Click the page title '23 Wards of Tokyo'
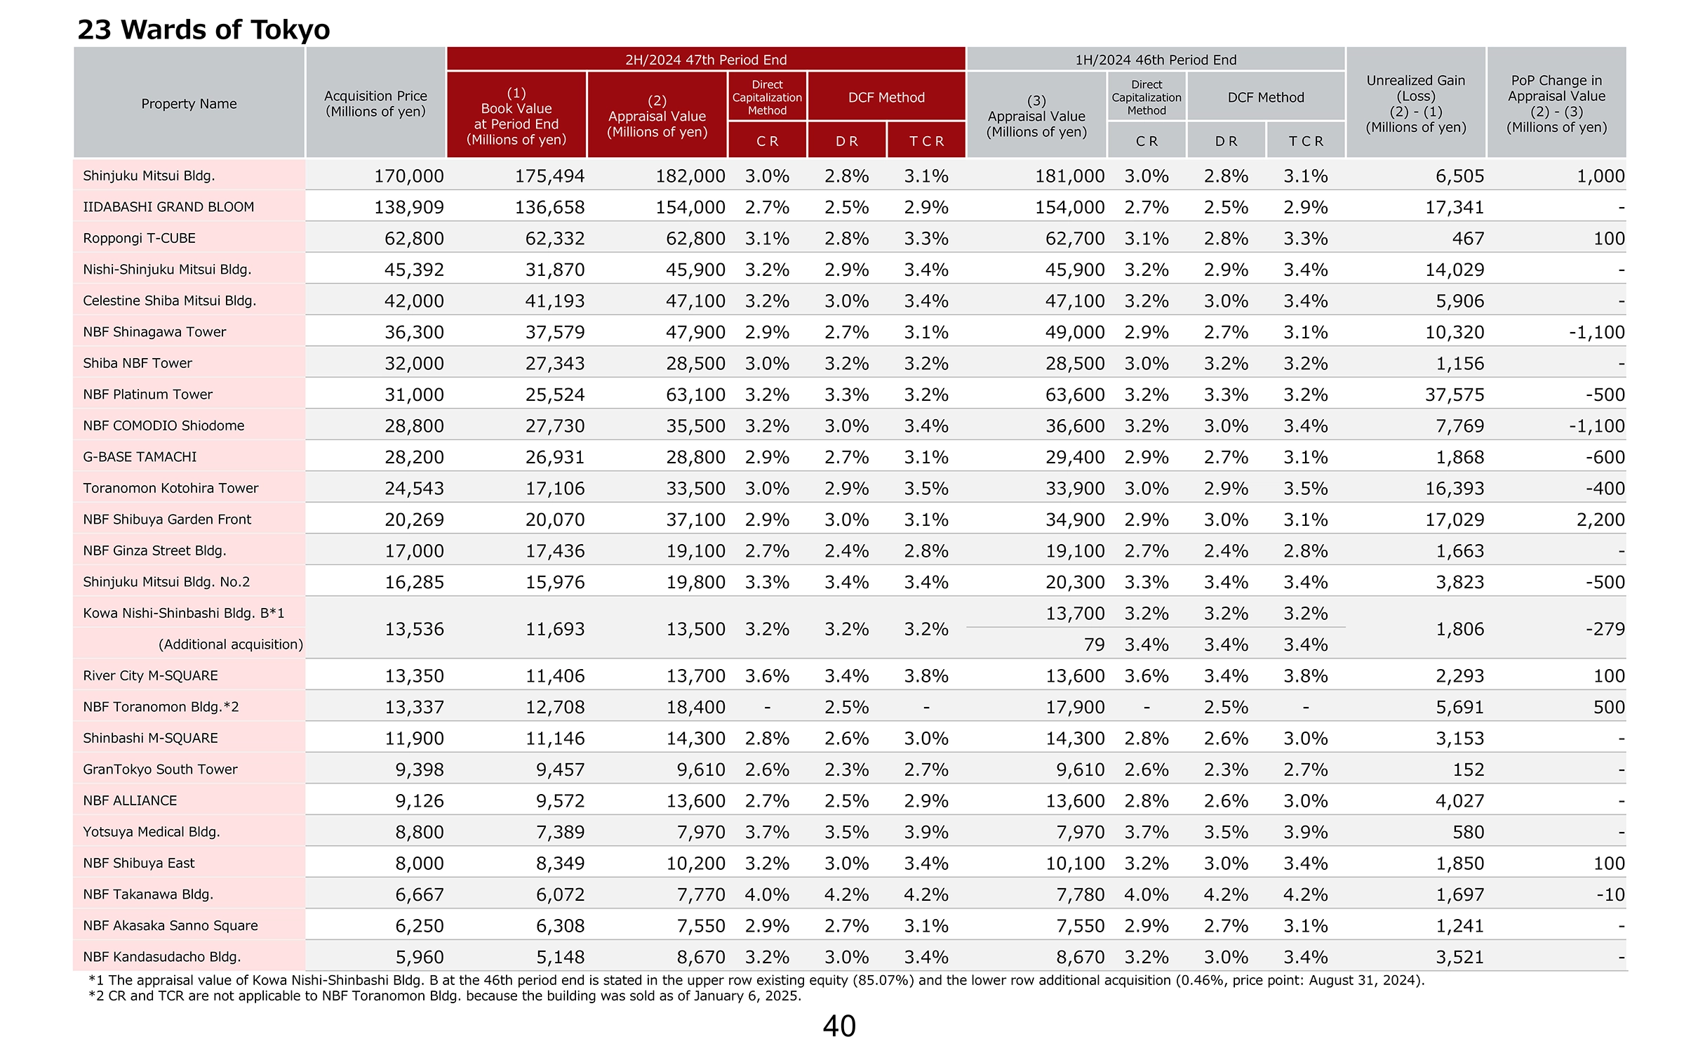point(203,29)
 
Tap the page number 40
point(839,1026)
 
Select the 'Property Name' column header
point(189,104)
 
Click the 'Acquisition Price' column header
point(375,104)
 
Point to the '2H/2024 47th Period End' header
point(706,60)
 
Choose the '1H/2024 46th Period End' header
point(1156,60)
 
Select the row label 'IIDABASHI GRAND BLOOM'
point(168,207)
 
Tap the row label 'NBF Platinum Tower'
point(147,395)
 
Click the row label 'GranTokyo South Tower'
point(160,769)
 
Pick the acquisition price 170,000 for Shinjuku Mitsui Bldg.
point(408,176)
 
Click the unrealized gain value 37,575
point(1455,395)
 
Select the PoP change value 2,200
point(1601,520)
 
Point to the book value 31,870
point(555,270)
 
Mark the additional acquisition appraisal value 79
point(1094,645)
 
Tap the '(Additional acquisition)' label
point(231,645)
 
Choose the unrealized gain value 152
point(1469,769)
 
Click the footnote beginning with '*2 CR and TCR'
point(445,996)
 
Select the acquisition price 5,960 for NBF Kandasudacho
point(420,957)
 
